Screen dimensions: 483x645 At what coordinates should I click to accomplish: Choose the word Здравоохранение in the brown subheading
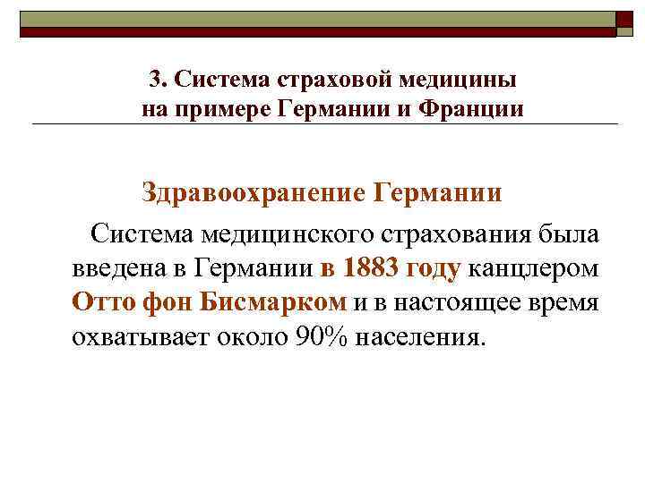pos(252,193)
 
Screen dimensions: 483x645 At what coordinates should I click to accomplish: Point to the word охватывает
pos(136,336)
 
